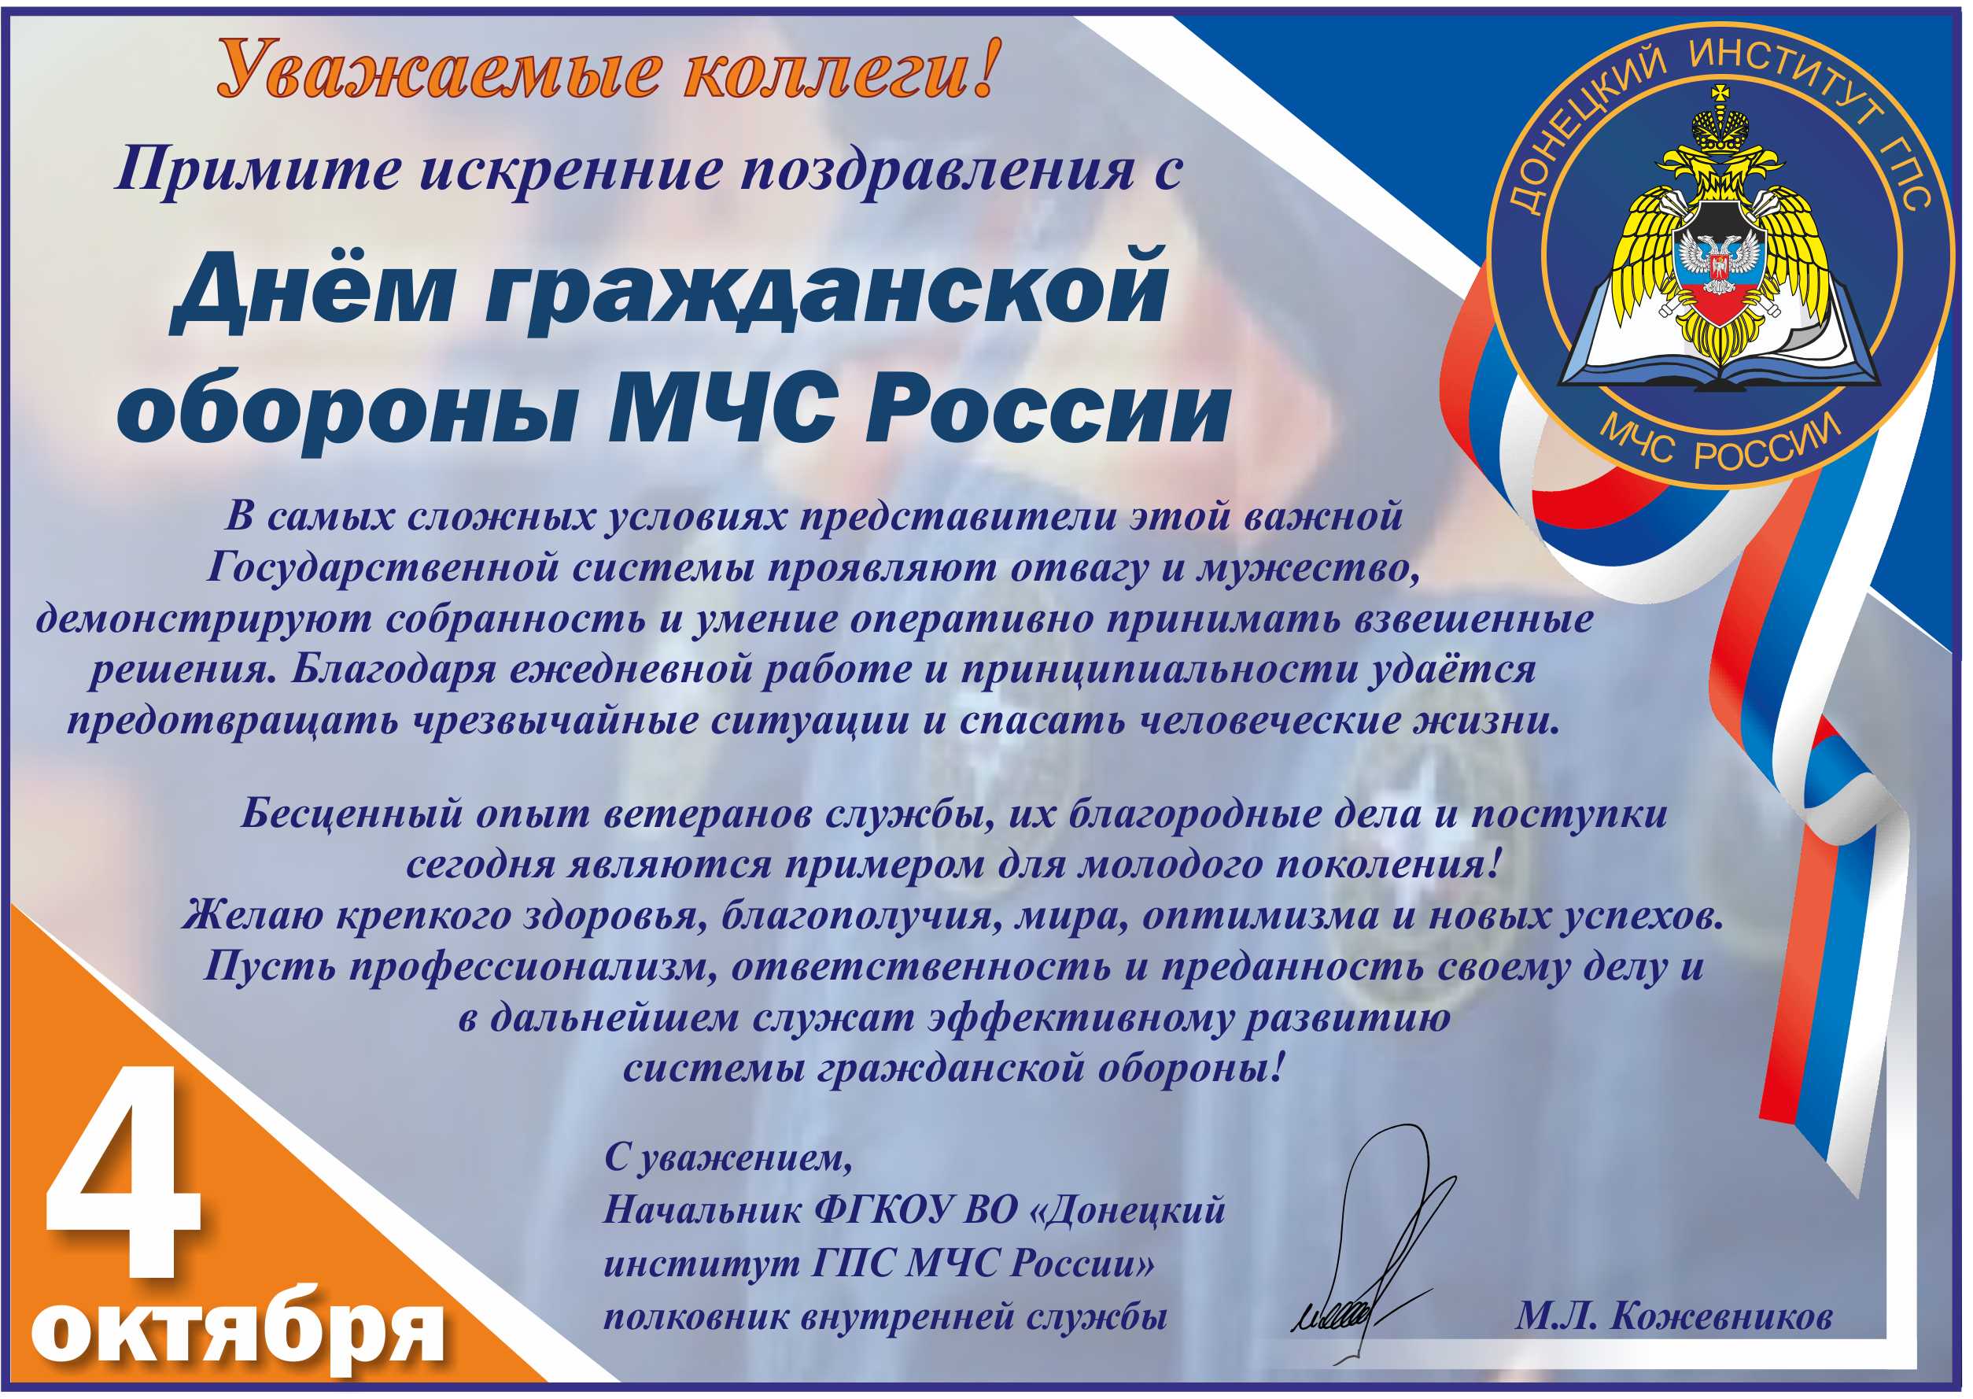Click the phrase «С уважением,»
[x=728, y=1160]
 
